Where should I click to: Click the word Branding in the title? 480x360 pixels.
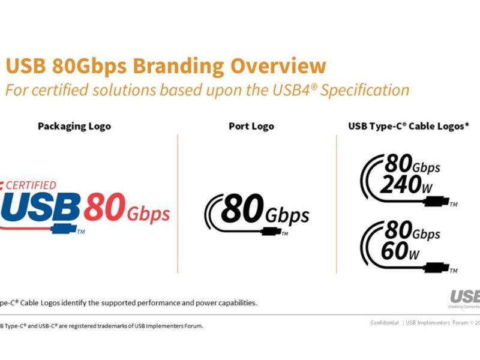click(x=175, y=67)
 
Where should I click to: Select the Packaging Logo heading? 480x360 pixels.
click(x=74, y=127)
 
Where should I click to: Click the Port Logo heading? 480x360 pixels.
click(x=251, y=127)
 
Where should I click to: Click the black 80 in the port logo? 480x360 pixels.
click(x=242, y=210)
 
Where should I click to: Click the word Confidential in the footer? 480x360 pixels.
click(x=385, y=323)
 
